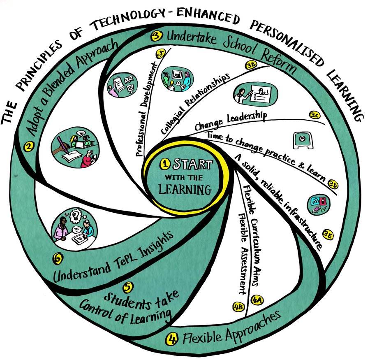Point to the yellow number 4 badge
(x=171, y=339)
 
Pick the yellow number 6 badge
(x=58, y=258)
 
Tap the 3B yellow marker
(x=251, y=65)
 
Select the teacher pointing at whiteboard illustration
(x=251, y=93)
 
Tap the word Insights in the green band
(x=151, y=245)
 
